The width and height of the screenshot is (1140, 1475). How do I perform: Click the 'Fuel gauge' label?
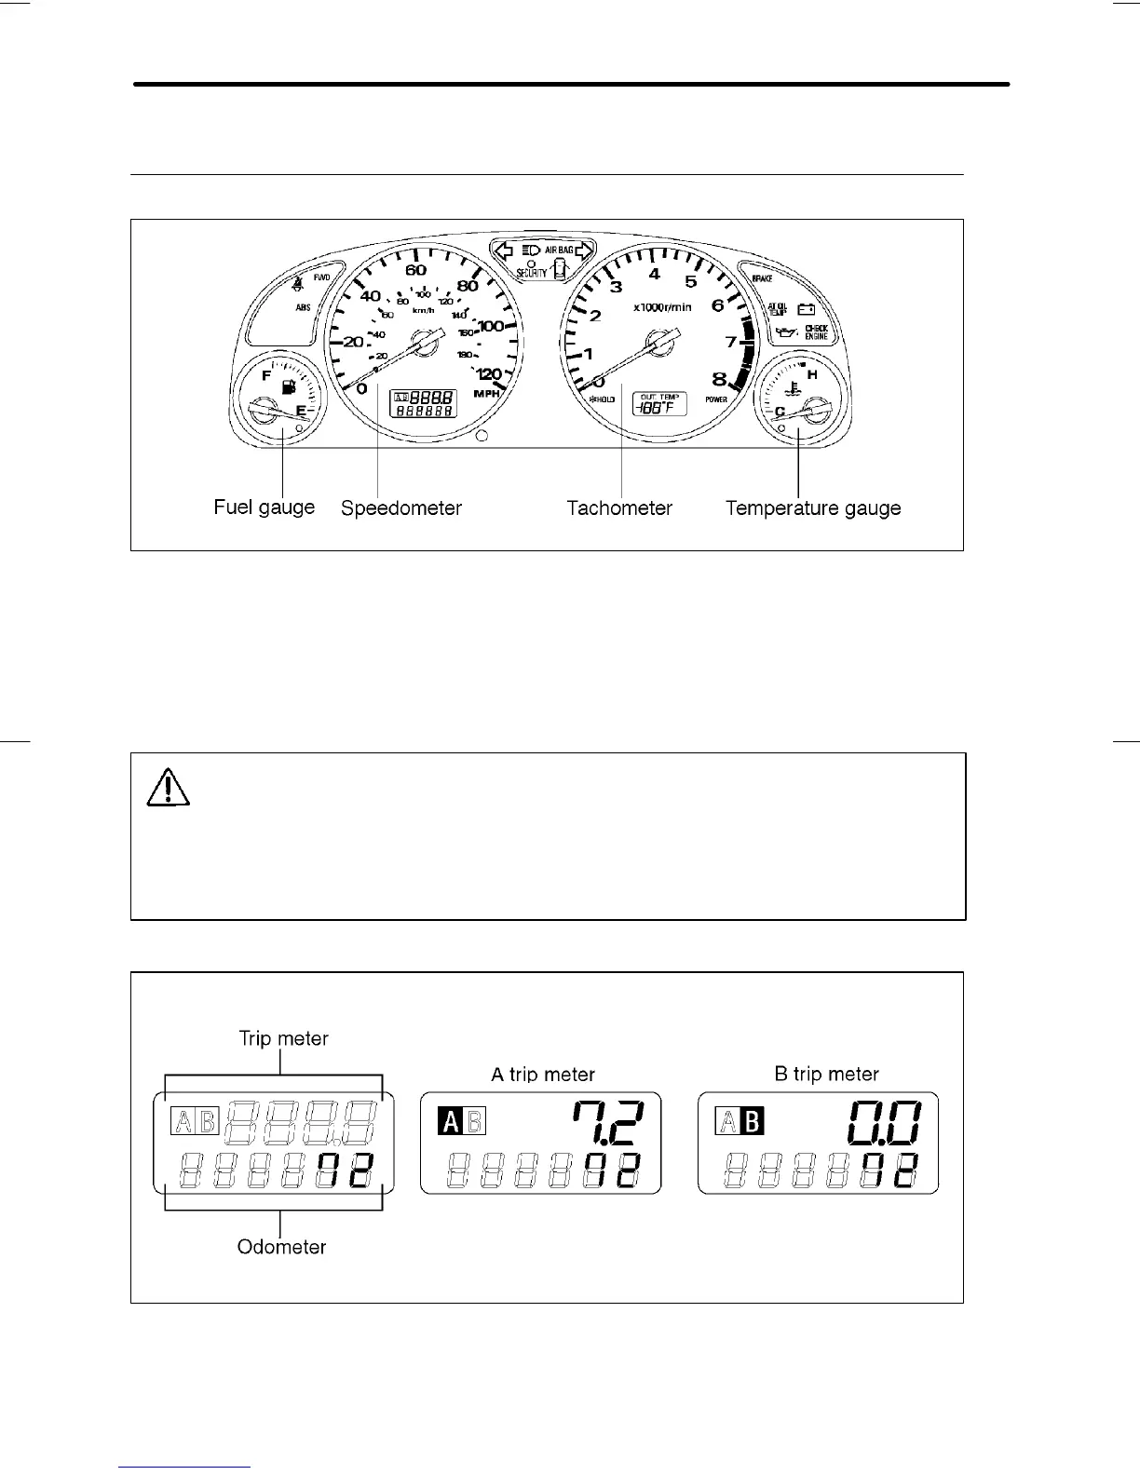point(265,507)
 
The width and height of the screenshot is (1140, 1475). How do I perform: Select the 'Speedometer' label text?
point(401,508)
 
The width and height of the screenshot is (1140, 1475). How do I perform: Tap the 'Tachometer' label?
point(619,508)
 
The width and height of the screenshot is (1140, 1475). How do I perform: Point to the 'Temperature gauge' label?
point(813,508)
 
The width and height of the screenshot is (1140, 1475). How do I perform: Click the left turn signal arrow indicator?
point(504,250)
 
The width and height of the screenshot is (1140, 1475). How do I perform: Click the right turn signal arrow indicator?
point(585,250)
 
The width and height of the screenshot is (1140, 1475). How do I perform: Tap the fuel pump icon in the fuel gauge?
point(289,386)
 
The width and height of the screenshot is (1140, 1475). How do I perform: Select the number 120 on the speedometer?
point(489,374)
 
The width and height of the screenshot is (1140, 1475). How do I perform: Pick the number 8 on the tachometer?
point(719,379)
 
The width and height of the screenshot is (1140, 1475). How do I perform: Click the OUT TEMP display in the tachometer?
point(659,403)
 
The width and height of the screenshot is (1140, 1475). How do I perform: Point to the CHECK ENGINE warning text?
point(816,332)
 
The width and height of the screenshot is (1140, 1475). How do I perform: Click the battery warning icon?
point(807,310)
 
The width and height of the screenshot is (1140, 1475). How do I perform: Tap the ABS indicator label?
point(304,307)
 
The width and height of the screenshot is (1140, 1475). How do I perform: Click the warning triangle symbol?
point(169,790)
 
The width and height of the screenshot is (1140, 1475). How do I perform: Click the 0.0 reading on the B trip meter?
point(884,1123)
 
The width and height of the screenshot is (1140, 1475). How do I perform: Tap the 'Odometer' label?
point(281,1247)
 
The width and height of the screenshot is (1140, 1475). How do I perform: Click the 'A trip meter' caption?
point(543,1075)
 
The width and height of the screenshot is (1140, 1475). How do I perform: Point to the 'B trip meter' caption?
point(827,1075)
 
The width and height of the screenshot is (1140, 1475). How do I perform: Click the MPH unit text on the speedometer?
point(487,394)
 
